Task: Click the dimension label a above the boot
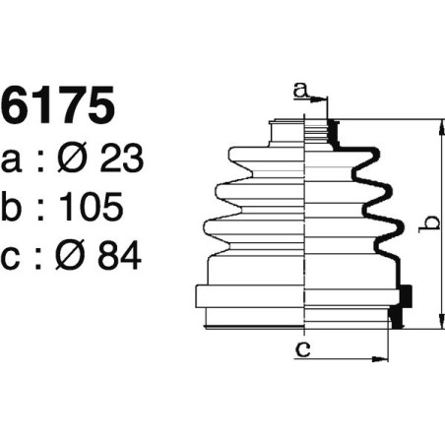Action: pyautogui.click(x=300, y=92)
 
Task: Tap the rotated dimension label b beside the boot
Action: pyautogui.click(x=425, y=225)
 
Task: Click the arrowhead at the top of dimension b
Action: pyautogui.click(x=434, y=124)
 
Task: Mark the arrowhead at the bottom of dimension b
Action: pyautogui.click(x=434, y=324)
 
